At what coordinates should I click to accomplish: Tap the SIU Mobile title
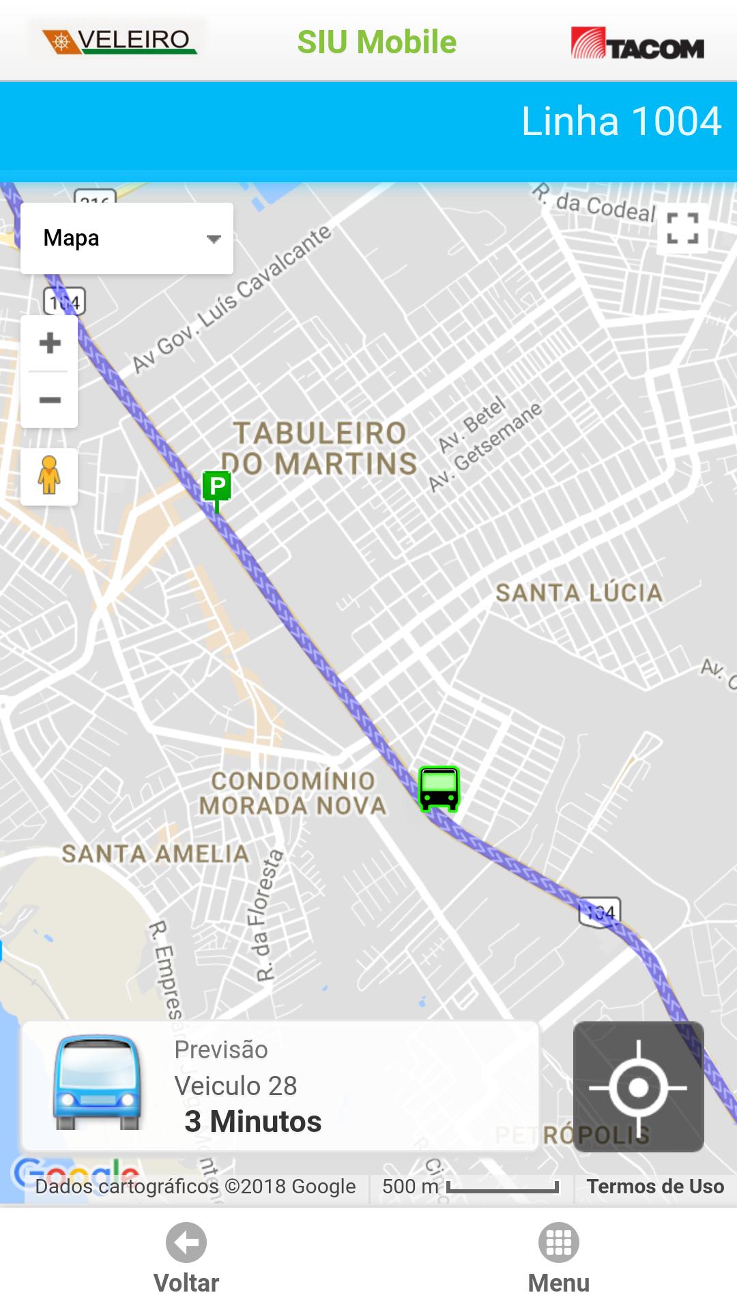pos(377,42)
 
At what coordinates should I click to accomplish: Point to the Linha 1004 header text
pos(621,121)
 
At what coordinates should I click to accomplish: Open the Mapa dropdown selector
pos(127,238)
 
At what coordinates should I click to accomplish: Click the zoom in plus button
pos(49,343)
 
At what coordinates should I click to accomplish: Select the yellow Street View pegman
pos(49,476)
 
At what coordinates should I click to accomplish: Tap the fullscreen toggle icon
pos(682,228)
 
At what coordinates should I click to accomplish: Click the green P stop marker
pos(217,487)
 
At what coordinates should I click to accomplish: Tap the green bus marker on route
pos(439,789)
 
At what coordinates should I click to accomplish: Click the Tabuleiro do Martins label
pos(319,448)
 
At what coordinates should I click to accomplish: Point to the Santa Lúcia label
pos(579,593)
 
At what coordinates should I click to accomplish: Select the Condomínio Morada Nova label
pos(293,793)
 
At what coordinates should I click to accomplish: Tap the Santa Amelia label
pos(155,854)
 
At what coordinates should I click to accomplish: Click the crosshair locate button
pos(638,1086)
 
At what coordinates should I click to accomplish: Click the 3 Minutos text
pos(252,1122)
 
